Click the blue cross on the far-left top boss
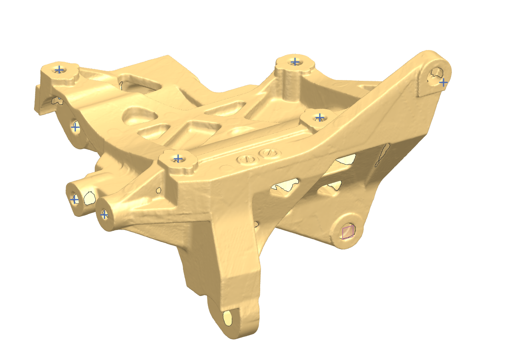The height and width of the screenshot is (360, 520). point(59,70)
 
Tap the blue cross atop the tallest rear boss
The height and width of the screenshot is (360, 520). point(295,62)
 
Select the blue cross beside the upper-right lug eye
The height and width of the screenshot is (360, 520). point(443,82)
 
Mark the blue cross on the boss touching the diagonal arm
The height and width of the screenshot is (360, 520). point(319,117)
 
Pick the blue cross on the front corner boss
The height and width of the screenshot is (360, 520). point(178,158)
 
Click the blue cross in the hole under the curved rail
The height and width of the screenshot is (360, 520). point(75,128)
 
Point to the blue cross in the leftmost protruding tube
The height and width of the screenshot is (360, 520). point(74,199)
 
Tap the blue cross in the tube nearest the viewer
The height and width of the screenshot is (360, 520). point(104,215)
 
